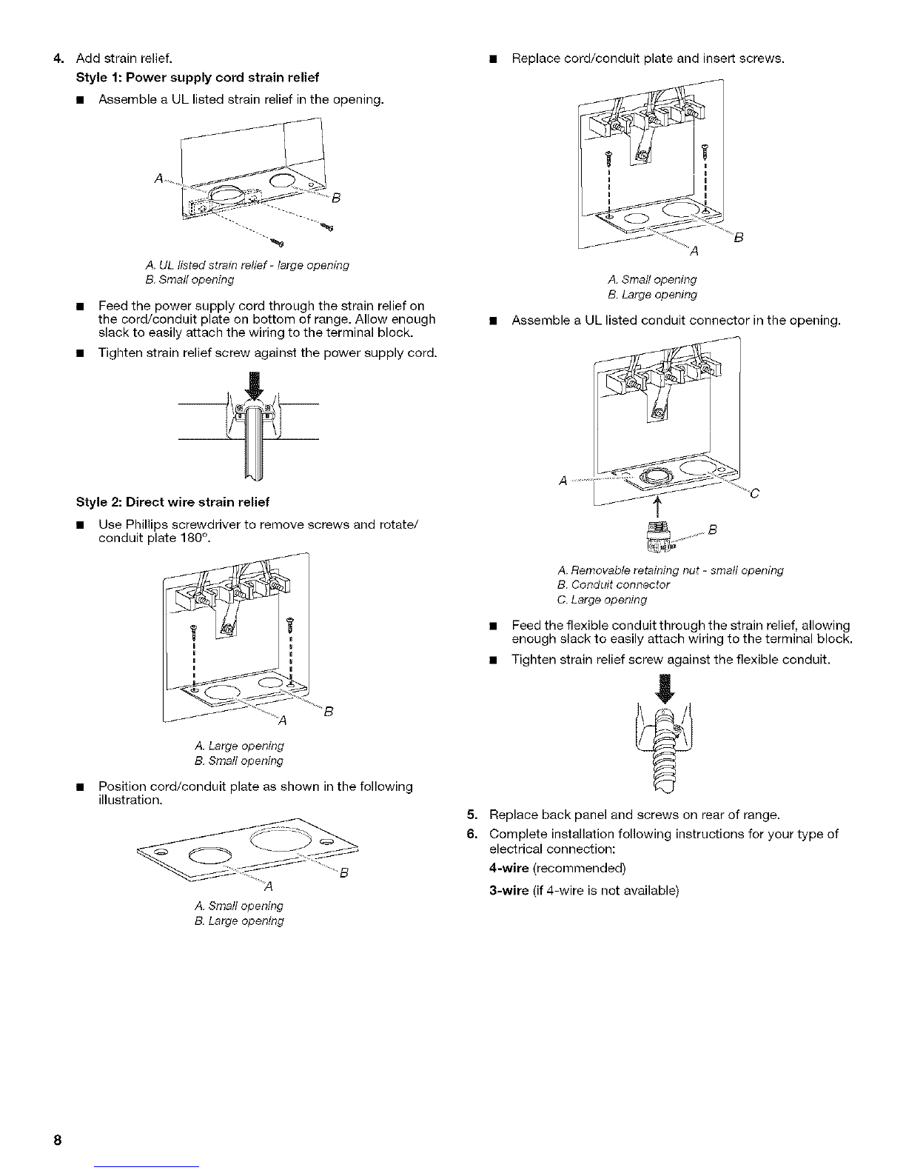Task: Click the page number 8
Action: (x=57, y=1140)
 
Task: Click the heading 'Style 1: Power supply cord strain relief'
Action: (x=198, y=78)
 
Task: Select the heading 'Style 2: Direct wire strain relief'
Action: (x=172, y=502)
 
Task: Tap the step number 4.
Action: (x=59, y=59)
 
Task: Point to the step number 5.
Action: (x=472, y=815)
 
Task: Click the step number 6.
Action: (x=472, y=834)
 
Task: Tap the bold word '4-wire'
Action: (x=509, y=868)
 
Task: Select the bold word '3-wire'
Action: (x=509, y=891)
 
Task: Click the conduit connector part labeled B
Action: (x=659, y=537)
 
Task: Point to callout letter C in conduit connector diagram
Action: (x=755, y=493)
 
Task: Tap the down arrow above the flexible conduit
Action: (x=665, y=688)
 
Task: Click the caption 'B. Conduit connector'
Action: (x=614, y=584)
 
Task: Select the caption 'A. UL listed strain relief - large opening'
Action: (x=247, y=265)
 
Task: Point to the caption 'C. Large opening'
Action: (x=602, y=600)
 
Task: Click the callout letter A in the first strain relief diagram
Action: (x=158, y=178)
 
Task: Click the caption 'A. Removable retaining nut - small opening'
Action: (x=671, y=570)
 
